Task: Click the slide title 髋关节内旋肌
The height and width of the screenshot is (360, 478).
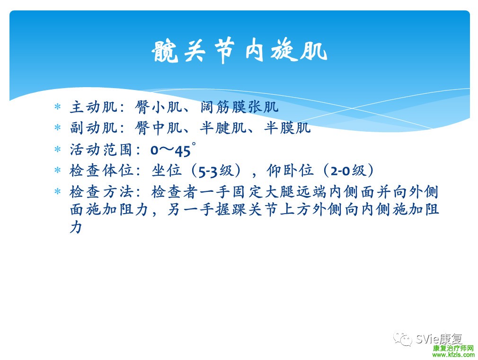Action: click(239, 51)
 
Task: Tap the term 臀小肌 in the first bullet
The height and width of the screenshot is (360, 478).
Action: click(158, 107)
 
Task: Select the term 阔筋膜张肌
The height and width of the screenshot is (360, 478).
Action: click(239, 107)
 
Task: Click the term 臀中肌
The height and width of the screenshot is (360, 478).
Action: click(158, 128)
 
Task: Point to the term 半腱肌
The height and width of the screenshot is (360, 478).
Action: click(223, 128)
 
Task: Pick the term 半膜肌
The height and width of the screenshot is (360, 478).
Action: click(287, 128)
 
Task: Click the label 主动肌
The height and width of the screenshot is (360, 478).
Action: click(93, 107)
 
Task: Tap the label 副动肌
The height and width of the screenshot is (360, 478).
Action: click(93, 128)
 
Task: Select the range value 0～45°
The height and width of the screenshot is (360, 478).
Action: click(173, 150)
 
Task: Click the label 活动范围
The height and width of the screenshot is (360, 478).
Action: click(101, 150)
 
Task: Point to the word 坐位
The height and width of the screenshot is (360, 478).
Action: click(167, 171)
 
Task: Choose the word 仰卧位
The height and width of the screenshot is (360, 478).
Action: click(290, 171)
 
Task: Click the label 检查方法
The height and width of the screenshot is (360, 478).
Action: click(101, 192)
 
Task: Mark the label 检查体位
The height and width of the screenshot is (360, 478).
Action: click(101, 171)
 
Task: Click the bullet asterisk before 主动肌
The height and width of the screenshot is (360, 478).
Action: click(57, 107)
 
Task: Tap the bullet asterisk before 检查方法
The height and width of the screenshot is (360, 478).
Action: click(57, 191)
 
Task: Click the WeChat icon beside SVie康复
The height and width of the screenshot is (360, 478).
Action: click(403, 339)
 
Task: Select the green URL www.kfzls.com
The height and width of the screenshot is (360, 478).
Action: click(453, 355)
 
